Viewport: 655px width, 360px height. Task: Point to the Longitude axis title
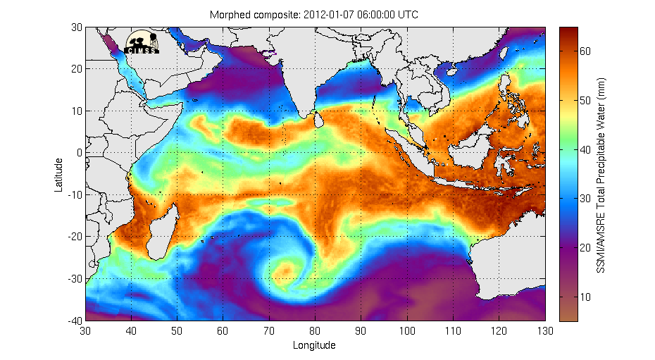click(315, 345)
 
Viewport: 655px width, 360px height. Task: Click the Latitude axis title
click(61, 174)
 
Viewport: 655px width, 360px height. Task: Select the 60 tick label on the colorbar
click(585, 51)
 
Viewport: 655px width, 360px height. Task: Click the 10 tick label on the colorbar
click(585, 297)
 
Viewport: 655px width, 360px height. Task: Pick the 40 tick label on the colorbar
click(585, 149)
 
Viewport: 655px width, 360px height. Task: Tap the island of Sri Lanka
click(319, 121)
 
